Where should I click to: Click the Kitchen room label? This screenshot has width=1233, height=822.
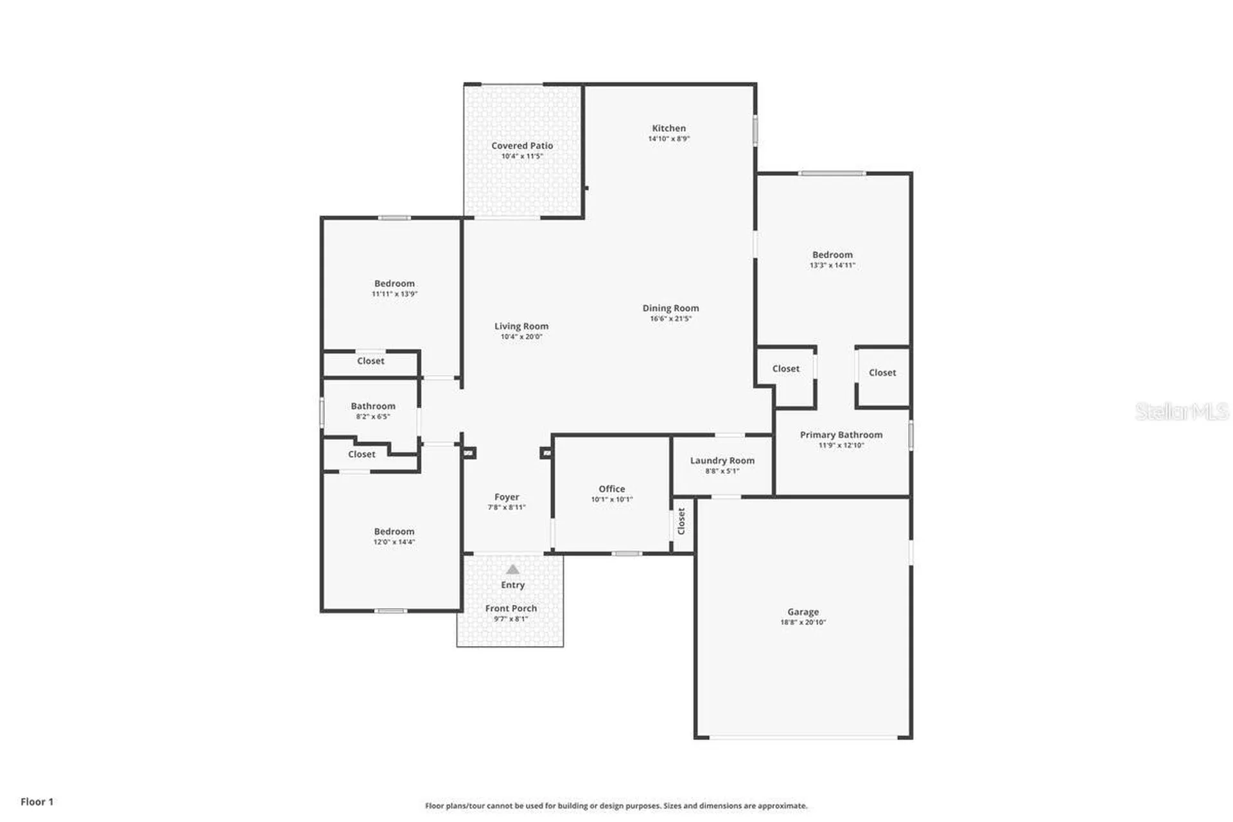coord(669,128)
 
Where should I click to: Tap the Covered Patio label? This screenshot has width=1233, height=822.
coord(522,146)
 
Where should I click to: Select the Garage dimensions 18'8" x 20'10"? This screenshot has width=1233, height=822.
coord(803,622)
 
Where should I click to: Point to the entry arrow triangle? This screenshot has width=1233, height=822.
coord(512,569)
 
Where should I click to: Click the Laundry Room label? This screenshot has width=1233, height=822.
coord(722,460)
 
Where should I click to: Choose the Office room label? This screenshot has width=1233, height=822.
coord(611,489)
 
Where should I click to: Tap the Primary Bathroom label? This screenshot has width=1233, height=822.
coord(841,435)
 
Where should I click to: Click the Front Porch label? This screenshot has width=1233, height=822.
coord(511,608)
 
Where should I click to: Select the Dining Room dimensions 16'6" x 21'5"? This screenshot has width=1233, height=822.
coord(670,319)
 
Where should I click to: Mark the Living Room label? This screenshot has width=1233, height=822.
coord(521,326)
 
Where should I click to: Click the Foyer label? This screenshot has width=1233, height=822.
coord(507,497)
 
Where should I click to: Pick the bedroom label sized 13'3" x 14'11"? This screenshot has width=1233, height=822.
coord(832,255)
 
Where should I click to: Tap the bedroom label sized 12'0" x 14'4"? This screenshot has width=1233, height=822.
coord(394,532)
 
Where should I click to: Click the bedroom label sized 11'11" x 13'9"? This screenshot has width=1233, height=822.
coord(394,284)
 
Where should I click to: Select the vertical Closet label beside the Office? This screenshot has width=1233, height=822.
coord(681,521)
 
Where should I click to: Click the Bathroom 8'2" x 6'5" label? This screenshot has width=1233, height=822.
coord(373,407)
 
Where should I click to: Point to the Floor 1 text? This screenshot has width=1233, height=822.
coord(37,801)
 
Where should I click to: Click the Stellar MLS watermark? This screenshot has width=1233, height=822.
coord(1181,412)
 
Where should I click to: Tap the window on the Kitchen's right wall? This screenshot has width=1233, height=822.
coord(755,130)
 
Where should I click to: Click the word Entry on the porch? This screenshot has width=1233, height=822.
coord(512,585)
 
